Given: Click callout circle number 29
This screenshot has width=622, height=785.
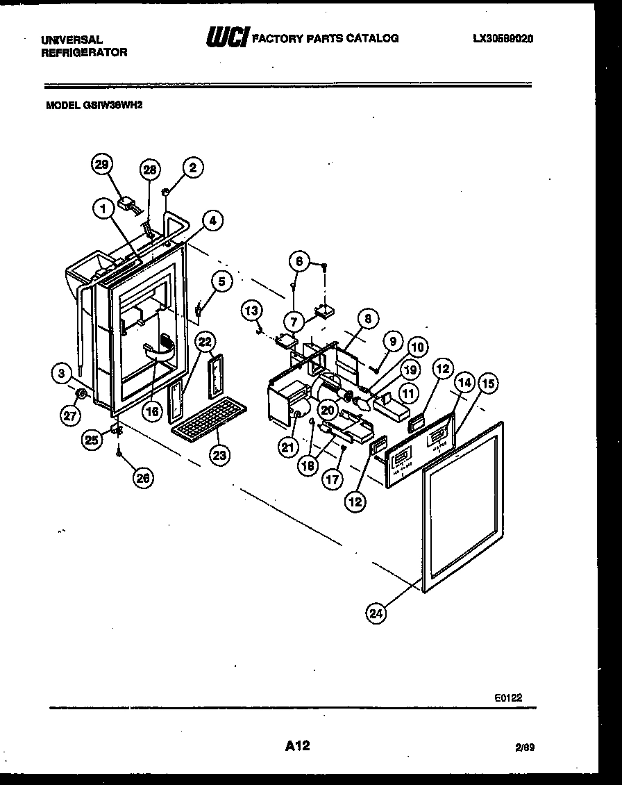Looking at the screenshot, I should click(102, 165).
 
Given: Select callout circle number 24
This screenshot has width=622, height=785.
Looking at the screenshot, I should click(376, 613).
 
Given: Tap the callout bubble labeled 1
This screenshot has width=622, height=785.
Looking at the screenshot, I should click(103, 207).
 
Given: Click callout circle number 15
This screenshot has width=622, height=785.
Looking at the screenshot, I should click(489, 382).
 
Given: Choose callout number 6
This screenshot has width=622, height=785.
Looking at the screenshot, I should click(299, 261).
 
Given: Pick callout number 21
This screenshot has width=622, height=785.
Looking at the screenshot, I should click(287, 449).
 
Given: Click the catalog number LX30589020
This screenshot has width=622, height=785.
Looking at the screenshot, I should click(503, 40).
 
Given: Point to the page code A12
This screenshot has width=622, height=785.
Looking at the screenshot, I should click(297, 746).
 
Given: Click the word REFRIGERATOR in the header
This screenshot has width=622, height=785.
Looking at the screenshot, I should click(84, 52).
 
